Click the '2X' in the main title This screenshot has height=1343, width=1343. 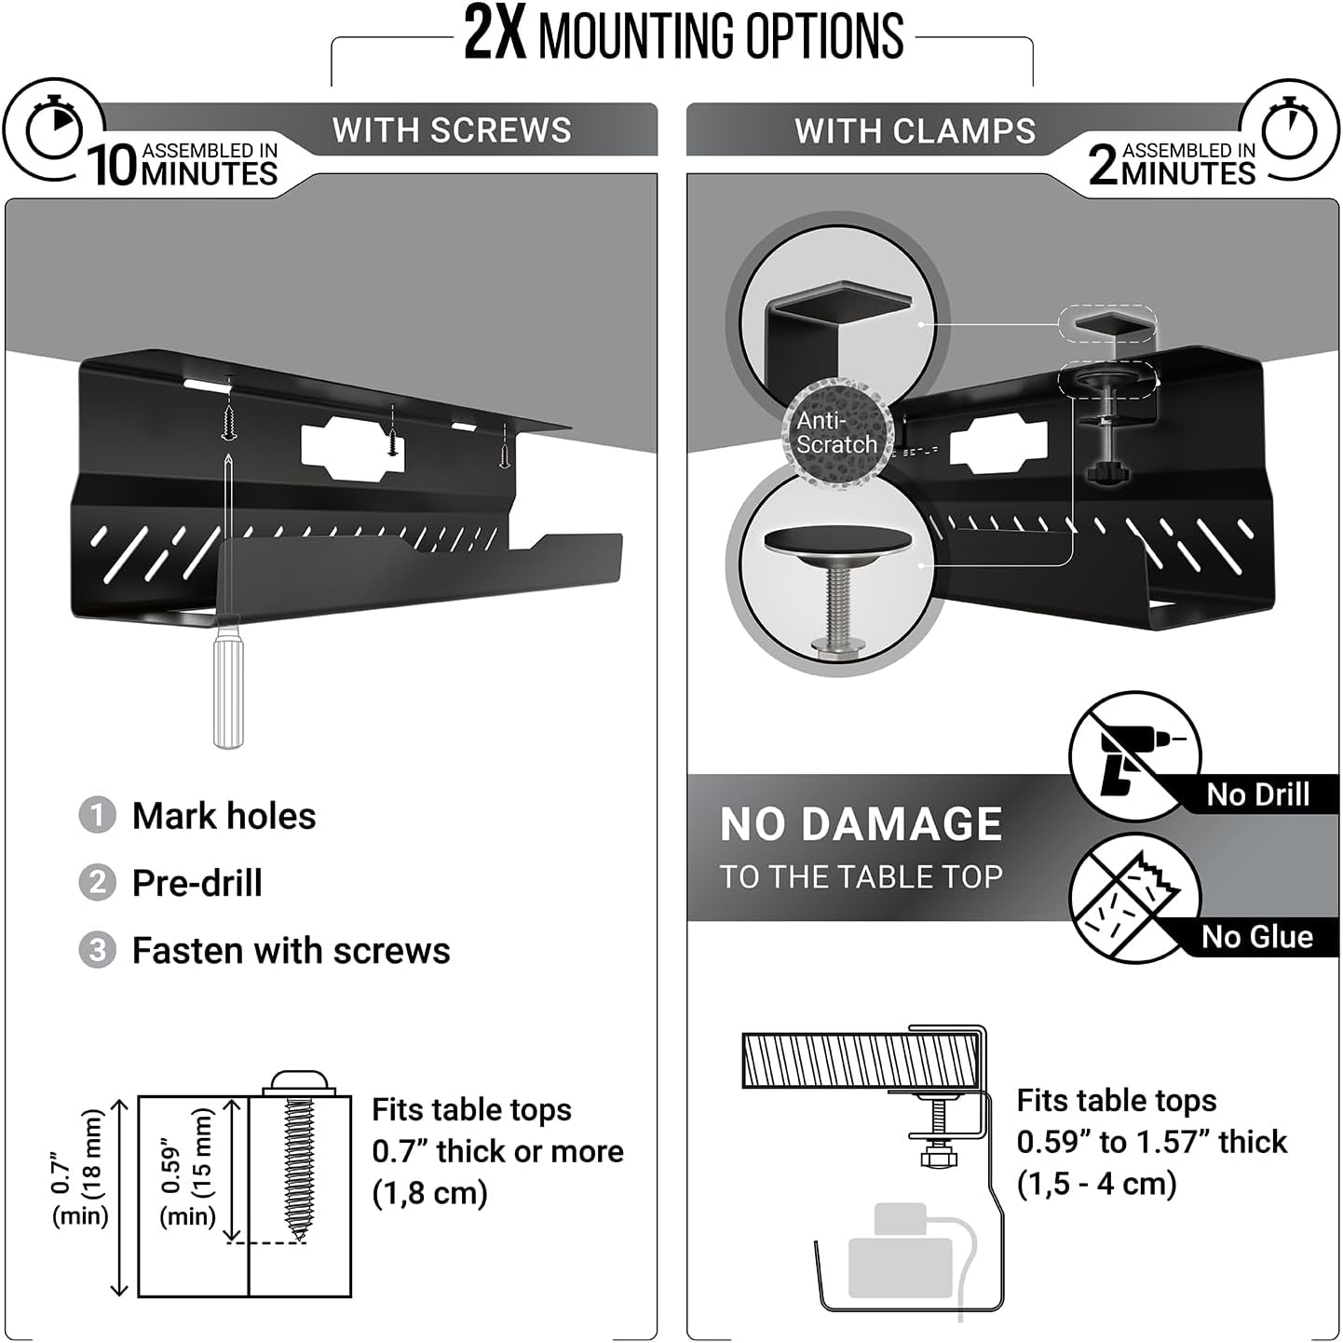coord(494,35)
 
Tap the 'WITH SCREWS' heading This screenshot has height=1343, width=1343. coord(452,130)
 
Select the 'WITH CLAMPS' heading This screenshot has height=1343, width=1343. coord(915,130)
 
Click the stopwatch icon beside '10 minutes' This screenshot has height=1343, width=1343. coord(54,131)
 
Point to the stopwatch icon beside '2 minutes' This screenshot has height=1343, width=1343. coord(1290,131)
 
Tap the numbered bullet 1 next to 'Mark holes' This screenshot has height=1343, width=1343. coord(97,816)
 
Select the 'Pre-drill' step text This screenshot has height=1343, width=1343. coord(197,883)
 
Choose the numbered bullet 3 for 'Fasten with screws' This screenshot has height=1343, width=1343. coord(97,951)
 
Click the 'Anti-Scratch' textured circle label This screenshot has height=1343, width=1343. coord(836,432)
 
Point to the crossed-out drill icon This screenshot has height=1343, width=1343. coord(1133,754)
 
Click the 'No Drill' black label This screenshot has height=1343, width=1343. coord(1257,794)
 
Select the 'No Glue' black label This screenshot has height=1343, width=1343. coord(1257,937)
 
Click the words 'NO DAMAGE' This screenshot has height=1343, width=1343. coord(861,824)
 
